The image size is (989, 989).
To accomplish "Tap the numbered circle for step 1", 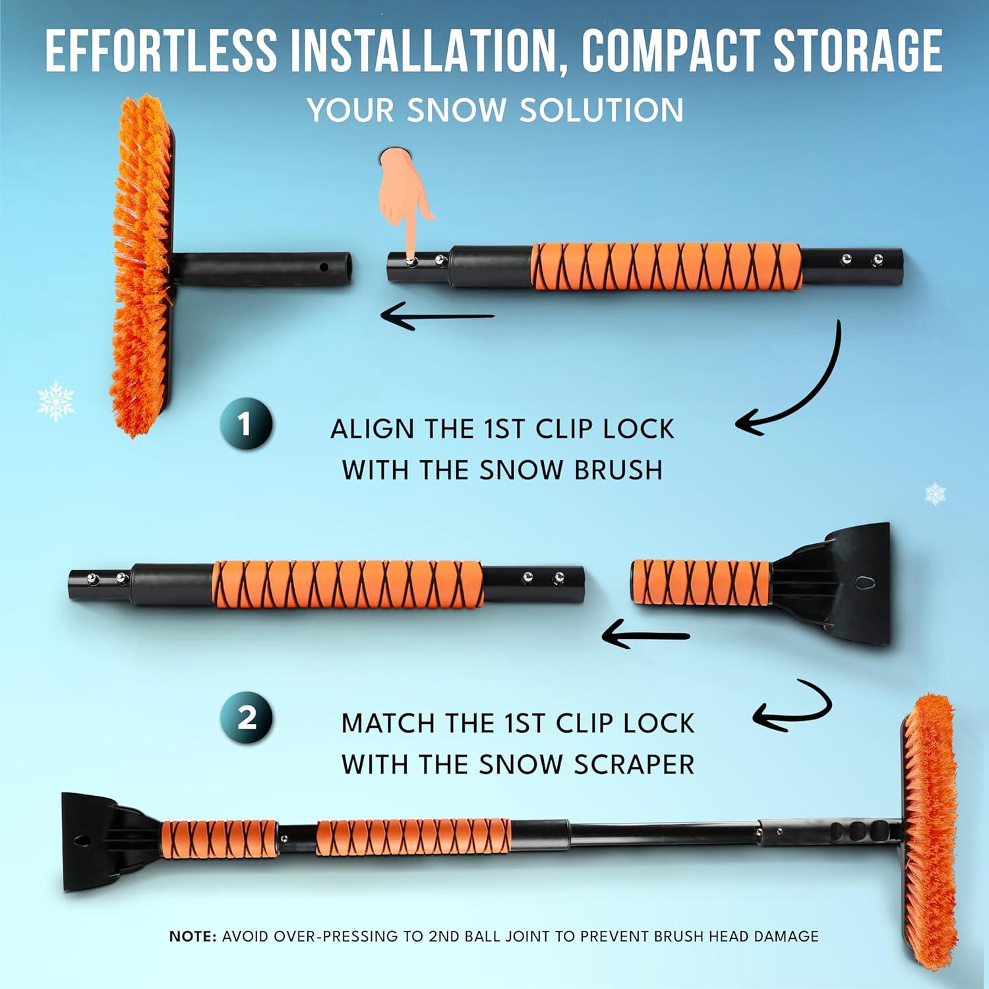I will [246, 425].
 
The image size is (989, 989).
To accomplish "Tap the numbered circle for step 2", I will [247, 717].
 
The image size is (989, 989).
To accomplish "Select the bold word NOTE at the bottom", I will [193, 936].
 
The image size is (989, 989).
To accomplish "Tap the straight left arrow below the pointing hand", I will [438, 317].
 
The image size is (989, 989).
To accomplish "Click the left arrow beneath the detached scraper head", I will [646, 636].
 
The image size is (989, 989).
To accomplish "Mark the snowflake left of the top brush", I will [55, 400].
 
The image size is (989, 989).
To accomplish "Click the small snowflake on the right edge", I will [935, 493].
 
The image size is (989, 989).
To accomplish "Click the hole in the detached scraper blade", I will [864, 582].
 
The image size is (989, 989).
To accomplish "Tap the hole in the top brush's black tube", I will [324, 268].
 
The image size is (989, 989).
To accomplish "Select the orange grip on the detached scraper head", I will [701, 583].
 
